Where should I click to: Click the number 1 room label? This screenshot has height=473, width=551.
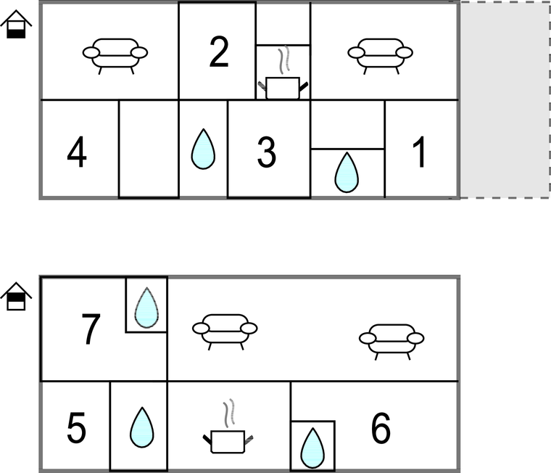[x=420, y=152]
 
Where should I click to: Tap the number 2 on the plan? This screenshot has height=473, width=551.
[x=218, y=52]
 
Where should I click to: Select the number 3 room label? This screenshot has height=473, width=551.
[x=266, y=152]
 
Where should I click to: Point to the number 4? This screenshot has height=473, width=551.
[x=77, y=152]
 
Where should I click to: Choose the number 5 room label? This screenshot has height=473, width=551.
[x=76, y=428]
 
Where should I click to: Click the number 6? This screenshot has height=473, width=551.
[x=381, y=428]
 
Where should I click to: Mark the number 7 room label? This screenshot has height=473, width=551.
[x=91, y=329]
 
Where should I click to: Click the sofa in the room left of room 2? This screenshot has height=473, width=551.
[x=115, y=57]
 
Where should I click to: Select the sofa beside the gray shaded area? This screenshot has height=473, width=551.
[x=380, y=57]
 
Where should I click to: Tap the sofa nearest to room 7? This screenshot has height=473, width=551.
[x=225, y=332]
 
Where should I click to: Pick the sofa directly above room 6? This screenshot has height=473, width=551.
[x=391, y=342]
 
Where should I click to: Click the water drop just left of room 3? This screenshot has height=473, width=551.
[x=203, y=149]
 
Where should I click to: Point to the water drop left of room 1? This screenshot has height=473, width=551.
[x=347, y=173]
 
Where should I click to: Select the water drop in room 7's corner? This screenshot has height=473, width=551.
[x=146, y=308]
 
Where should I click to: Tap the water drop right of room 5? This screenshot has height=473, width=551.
[x=142, y=427]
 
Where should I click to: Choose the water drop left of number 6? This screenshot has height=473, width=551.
[x=312, y=448]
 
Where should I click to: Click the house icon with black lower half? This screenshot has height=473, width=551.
[x=16, y=24]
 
